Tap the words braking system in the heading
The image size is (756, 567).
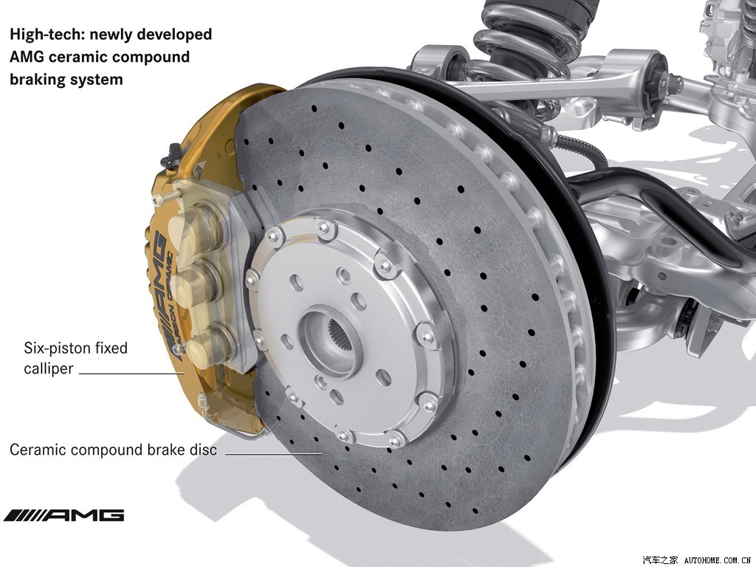pyautogui.click(x=66, y=79)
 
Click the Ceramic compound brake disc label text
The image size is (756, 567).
pyautogui.click(x=113, y=449)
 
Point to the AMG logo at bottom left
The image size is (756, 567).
pyautogui.click(x=63, y=515)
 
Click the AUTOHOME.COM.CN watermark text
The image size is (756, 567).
pyautogui.click(x=717, y=560)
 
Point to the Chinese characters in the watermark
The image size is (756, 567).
pyautogui.click(x=660, y=560)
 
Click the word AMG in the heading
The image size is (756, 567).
pyautogui.click(x=30, y=57)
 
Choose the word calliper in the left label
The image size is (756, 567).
pyautogui.click(x=48, y=368)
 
